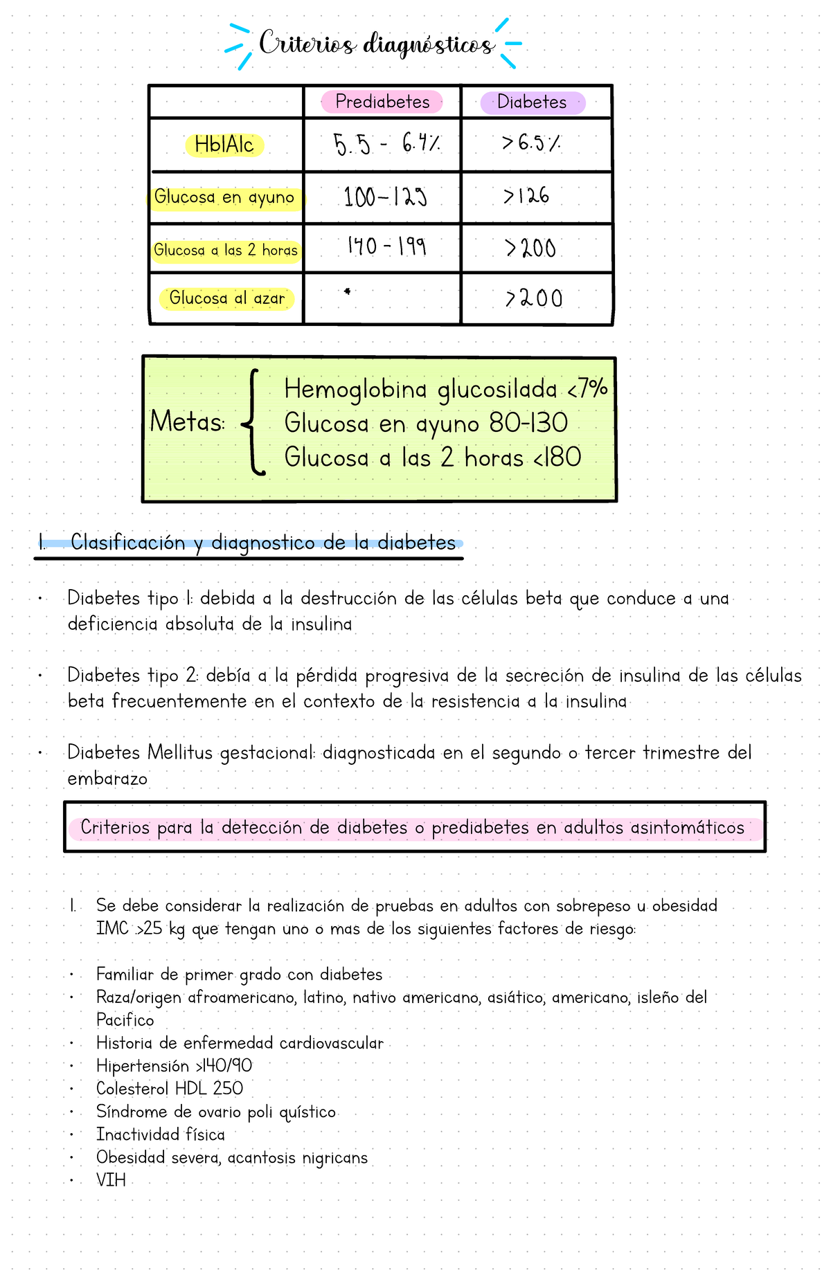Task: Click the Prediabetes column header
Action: point(382,102)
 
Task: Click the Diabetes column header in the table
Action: point(532,102)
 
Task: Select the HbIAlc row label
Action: point(224,145)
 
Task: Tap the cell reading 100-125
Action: point(385,198)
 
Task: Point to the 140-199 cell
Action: point(386,246)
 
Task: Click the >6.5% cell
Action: point(531,143)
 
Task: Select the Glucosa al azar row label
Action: point(226,298)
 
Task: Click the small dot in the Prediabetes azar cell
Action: point(347,291)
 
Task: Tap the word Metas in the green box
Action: point(187,422)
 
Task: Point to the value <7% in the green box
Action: point(587,389)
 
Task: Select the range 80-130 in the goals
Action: point(528,423)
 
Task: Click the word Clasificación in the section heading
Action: point(127,543)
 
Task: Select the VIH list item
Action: point(111,1180)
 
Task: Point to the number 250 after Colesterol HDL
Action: point(228,1089)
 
